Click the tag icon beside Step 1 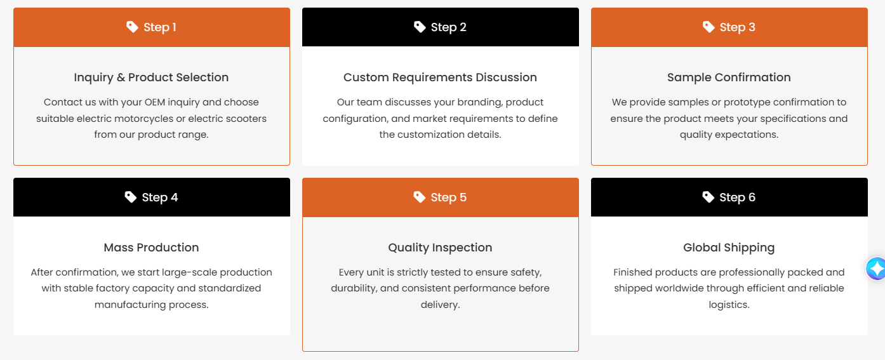click(x=132, y=27)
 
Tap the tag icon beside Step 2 click(x=420, y=27)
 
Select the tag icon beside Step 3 click(x=709, y=27)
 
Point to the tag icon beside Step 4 click(x=130, y=197)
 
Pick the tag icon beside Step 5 click(x=419, y=197)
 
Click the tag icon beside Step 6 click(x=708, y=197)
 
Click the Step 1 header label click(x=159, y=27)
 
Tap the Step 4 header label click(x=159, y=197)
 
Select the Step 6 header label click(x=737, y=197)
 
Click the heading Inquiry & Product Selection click(x=151, y=77)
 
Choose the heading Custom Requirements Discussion click(x=440, y=77)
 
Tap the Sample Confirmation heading click(x=729, y=77)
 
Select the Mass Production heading click(x=151, y=248)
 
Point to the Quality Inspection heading click(x=440, y=248)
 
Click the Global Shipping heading click(x=729, y=248)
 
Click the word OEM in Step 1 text click(x=154, y=102)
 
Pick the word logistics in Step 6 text click(x=729, y=305)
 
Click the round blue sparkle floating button click(x=876, y=269)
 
